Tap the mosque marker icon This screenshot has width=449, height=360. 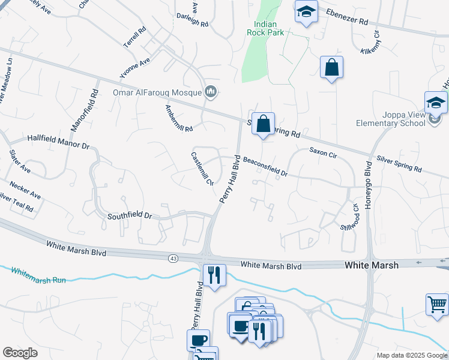click(x=210, y=92)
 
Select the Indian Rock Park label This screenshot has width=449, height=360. click(x=265, y=28)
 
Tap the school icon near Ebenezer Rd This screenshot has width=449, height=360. click(x=307, y=12)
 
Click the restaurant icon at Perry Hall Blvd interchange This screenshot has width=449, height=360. click(x=214, y=275)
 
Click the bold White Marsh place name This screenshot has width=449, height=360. click(x=371, y=265)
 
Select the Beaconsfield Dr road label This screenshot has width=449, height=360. click(x=265, y=167)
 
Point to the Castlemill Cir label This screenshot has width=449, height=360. click(x=202, y=170)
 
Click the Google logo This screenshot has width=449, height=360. click(x=20, y=353)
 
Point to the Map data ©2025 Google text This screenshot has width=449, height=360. click(x=411, y=355)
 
